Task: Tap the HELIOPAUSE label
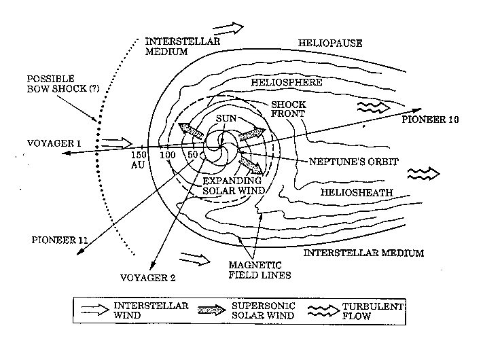[330, 43]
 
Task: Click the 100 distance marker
[167, 156]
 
